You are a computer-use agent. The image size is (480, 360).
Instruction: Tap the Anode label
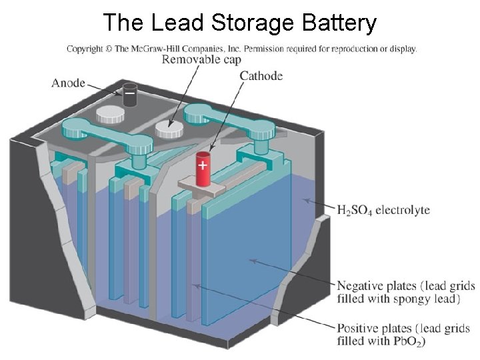coord(68,83)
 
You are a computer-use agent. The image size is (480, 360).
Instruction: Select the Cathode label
coord(261,76)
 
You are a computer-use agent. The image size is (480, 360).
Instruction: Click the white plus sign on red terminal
coord(202,163)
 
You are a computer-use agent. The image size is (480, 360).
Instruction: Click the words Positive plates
coord(374,329)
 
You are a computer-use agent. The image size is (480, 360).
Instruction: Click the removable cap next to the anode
coord(110,114)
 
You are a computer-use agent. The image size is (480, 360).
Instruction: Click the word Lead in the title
coord(178,23)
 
